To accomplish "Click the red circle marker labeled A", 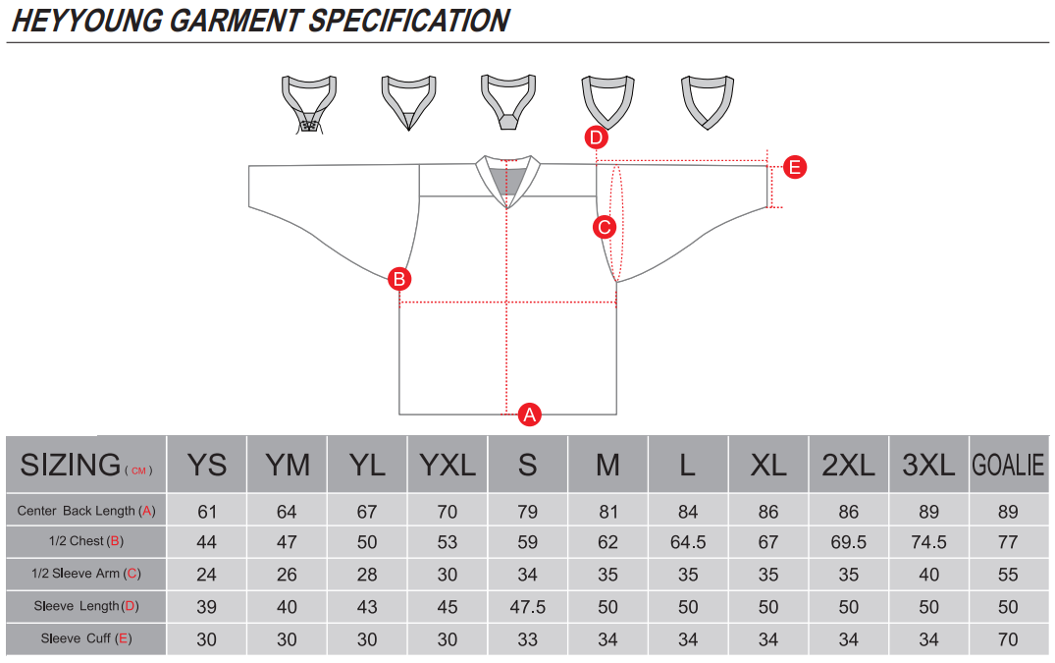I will point(530,414).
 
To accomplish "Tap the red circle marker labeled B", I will point(399,279).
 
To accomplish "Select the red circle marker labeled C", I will point(605,227).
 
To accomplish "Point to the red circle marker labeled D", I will point(597,138).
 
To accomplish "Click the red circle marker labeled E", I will point(795,167).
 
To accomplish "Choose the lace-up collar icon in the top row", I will point(309,104).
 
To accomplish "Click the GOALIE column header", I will point(1008,465).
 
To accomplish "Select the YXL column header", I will point(448,465).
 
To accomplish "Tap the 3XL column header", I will point(928,465).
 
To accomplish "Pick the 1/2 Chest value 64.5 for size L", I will point(688,542).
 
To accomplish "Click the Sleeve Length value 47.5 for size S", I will point(528,607).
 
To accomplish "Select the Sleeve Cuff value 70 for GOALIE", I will point(1008,639).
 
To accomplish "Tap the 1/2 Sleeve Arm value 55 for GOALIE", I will point(1008,575).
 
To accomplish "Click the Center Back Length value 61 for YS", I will point(206,512).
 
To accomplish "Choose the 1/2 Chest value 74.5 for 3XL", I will point(928,542).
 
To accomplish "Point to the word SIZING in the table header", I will point(71,465).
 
